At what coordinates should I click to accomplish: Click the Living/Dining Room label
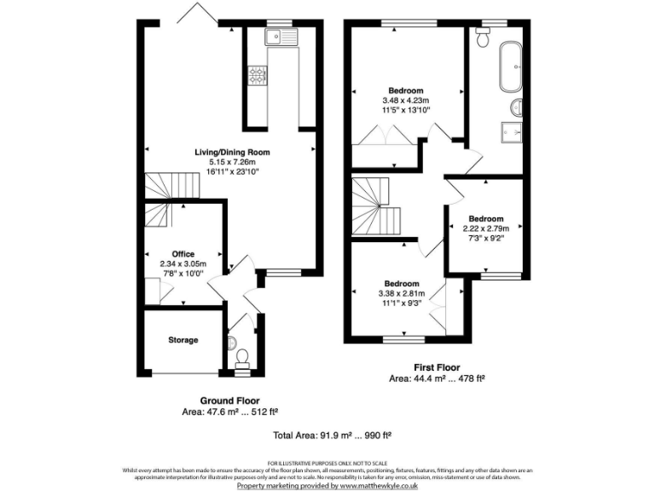[x=232, y=152]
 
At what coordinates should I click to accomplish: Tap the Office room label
[x=183, y=254]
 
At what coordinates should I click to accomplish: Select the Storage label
[x=183, y=340]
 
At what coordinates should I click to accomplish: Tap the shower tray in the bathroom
[x=512, y=132]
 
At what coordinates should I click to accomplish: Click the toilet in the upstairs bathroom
[x=483, y=38]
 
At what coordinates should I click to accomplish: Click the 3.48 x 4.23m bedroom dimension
[x=407, y=100]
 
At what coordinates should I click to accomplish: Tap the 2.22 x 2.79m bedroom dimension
[x=485, y=228]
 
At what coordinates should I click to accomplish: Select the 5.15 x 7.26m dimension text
[x=232, y=162]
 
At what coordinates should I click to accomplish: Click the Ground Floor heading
[x=230, y=400]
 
